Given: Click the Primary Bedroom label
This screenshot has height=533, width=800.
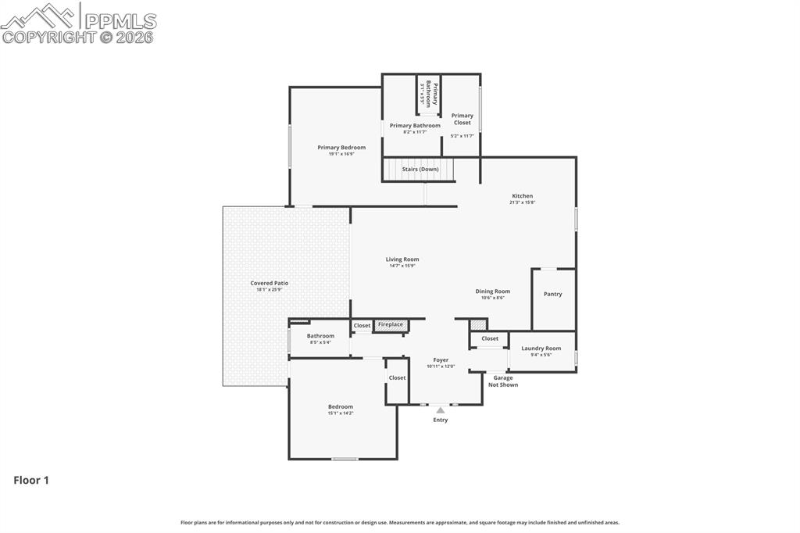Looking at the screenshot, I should (x=341, y=148).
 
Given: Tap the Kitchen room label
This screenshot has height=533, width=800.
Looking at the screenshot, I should (x=523, y=196).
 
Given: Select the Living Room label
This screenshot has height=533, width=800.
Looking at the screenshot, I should (x=402, y=259).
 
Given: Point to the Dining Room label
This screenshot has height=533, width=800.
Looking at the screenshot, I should (x=492, y=292).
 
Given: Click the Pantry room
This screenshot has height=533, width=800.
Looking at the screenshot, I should (x=552, y=295).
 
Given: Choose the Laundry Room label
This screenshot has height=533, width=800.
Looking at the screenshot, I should (x=541, y=349).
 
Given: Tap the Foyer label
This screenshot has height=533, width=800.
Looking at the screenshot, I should (x=441, y=360).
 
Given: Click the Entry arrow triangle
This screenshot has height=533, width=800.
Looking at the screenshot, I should (x=441, y=410).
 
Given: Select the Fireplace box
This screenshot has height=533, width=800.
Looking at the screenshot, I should (x=391, y=325).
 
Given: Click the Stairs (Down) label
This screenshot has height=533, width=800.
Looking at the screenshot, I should (x=420, y=169).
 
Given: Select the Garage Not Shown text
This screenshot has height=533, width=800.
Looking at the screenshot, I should (x=503, y=381).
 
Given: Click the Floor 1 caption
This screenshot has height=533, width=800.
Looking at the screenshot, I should (x=31, y=481).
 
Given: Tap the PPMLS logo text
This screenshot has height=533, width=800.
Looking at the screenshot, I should (x=120, y=21).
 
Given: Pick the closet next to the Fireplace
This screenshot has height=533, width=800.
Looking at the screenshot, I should (x=362, y=326).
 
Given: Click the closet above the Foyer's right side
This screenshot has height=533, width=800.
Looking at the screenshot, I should (x=490, y=338).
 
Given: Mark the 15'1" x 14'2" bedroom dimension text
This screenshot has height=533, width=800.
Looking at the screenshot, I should (x=341, y=413).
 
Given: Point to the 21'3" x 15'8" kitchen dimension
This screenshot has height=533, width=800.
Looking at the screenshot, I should (x=523, y=202).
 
